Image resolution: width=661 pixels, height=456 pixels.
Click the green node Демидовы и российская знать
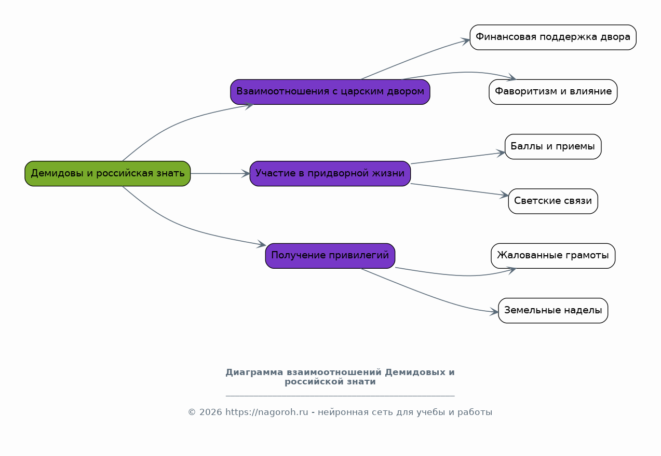tap(107, 173)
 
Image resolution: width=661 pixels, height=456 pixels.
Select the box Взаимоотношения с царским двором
tap(330, 92)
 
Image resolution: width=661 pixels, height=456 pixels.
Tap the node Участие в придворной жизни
tap(330, 173)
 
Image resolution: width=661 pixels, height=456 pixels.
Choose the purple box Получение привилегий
tap(330, 256)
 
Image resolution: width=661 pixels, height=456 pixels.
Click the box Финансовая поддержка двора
tap(552, 37)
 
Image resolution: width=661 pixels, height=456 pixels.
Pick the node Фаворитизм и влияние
tap(552, 92)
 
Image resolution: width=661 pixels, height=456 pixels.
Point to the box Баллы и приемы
tap(552, 146)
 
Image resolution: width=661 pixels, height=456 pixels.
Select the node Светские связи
tap(552, 201)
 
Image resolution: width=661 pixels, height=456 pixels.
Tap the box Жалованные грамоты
tap(552, 256)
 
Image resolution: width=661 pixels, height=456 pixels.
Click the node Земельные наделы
tap(552, 310)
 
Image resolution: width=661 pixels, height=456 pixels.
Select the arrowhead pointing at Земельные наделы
tap(494, 312)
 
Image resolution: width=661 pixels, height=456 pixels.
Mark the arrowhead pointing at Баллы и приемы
tap(501, 153)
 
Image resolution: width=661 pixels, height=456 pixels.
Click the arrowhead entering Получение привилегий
tap(262, 244)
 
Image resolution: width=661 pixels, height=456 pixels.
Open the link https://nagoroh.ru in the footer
tap(266, 412)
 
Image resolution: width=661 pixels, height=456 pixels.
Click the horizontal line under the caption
tap(340, 396)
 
